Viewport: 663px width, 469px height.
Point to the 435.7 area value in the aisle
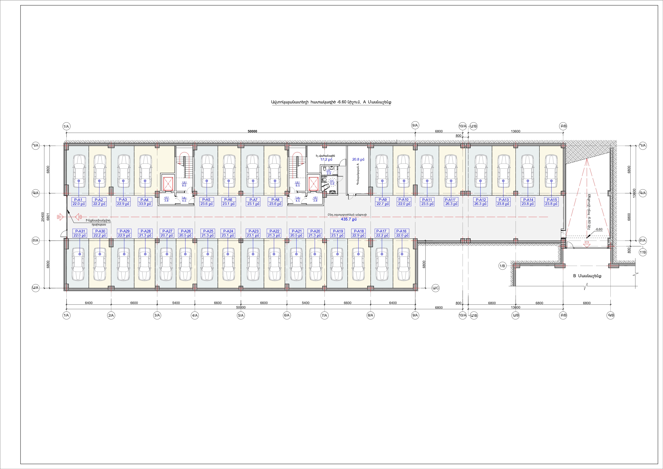(x=349, y=219)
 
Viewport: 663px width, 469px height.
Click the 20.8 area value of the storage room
(x=358, y=159)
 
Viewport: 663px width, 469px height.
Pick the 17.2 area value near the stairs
(x=326, y=159)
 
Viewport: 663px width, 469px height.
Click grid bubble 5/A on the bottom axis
(x=241, y=315)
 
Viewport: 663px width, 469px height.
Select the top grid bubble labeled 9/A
(x=415, y=125)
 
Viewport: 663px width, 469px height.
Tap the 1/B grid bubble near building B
(x=502, y=266)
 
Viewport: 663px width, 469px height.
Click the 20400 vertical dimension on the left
(x=43, y=216)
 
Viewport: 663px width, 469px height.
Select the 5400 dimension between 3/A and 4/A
(x=176, y=303)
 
